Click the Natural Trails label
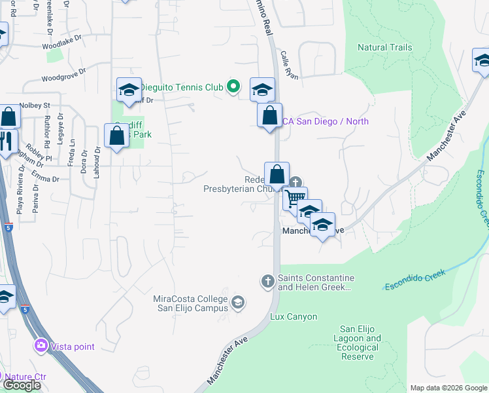tap(385, 47)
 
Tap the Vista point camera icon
tap(41, 345)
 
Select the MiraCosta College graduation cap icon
tap(238, 302)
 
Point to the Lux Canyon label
tap(294, 317)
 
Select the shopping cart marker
tap(295, 197)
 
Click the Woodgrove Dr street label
tap(63, 77)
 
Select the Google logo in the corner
tap(21, 385)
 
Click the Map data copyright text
tap(448, 388)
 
